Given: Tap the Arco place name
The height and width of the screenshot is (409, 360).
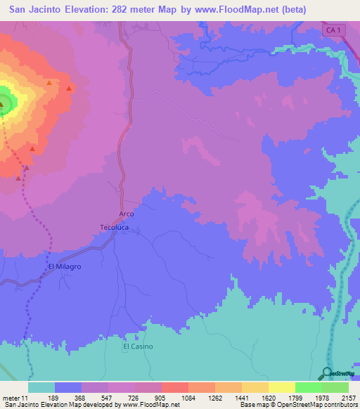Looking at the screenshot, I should (x=126, y=214).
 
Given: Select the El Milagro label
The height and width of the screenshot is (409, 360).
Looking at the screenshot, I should (x=65, y=267).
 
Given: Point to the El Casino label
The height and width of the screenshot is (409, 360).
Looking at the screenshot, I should (x=138, y=346).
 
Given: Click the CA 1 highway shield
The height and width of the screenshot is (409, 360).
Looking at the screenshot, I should (x=334, y=30).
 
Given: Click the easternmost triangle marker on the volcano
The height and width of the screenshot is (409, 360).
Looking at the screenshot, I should (x=69, y=89).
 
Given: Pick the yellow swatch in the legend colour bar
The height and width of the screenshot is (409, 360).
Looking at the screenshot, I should (x=281, y=387).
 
